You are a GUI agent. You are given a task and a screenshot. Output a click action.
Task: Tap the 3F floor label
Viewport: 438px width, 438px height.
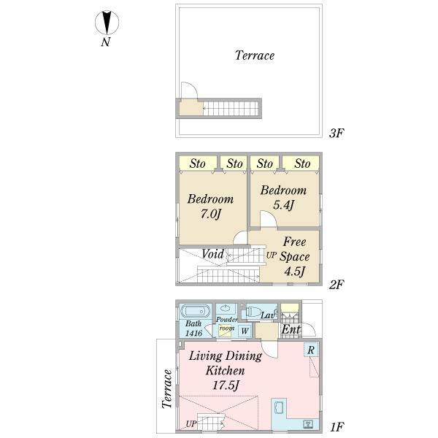pos(337,134)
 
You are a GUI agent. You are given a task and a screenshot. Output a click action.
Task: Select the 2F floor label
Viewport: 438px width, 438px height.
pos(337,285)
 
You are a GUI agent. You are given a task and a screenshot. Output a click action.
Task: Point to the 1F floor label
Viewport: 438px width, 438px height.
pos(337,427)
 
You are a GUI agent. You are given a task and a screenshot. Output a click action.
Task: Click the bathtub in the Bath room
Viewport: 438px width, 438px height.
pos(195,312)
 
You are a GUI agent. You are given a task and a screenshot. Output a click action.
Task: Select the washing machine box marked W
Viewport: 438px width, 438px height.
pos(245,331)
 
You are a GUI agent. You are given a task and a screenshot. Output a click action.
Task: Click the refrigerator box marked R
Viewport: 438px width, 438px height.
pos(311,350)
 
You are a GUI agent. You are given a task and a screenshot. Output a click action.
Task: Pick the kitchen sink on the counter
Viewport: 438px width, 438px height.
pos(280,407)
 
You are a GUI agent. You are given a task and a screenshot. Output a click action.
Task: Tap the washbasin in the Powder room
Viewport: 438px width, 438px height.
pos(226,309)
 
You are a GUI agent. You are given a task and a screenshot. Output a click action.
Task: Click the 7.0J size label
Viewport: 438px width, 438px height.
pos(211,214)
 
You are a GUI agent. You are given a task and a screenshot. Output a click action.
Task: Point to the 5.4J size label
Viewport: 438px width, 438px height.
pos(283,205)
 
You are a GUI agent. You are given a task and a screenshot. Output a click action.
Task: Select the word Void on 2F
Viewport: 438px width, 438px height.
pos(212,254)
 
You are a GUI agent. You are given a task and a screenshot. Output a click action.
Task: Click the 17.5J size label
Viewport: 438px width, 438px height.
pos(226,385)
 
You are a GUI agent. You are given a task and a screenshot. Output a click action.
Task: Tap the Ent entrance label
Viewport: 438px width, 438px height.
pos(291,329)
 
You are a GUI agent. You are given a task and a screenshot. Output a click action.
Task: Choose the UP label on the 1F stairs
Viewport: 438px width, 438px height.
pos(191,423)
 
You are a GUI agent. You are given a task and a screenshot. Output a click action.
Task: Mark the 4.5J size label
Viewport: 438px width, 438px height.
pos(294,272)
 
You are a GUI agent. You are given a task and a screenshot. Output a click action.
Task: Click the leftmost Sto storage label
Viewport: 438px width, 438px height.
pos(197,164)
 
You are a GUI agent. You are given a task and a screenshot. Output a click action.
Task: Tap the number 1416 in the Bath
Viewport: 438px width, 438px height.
pos(193,333)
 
